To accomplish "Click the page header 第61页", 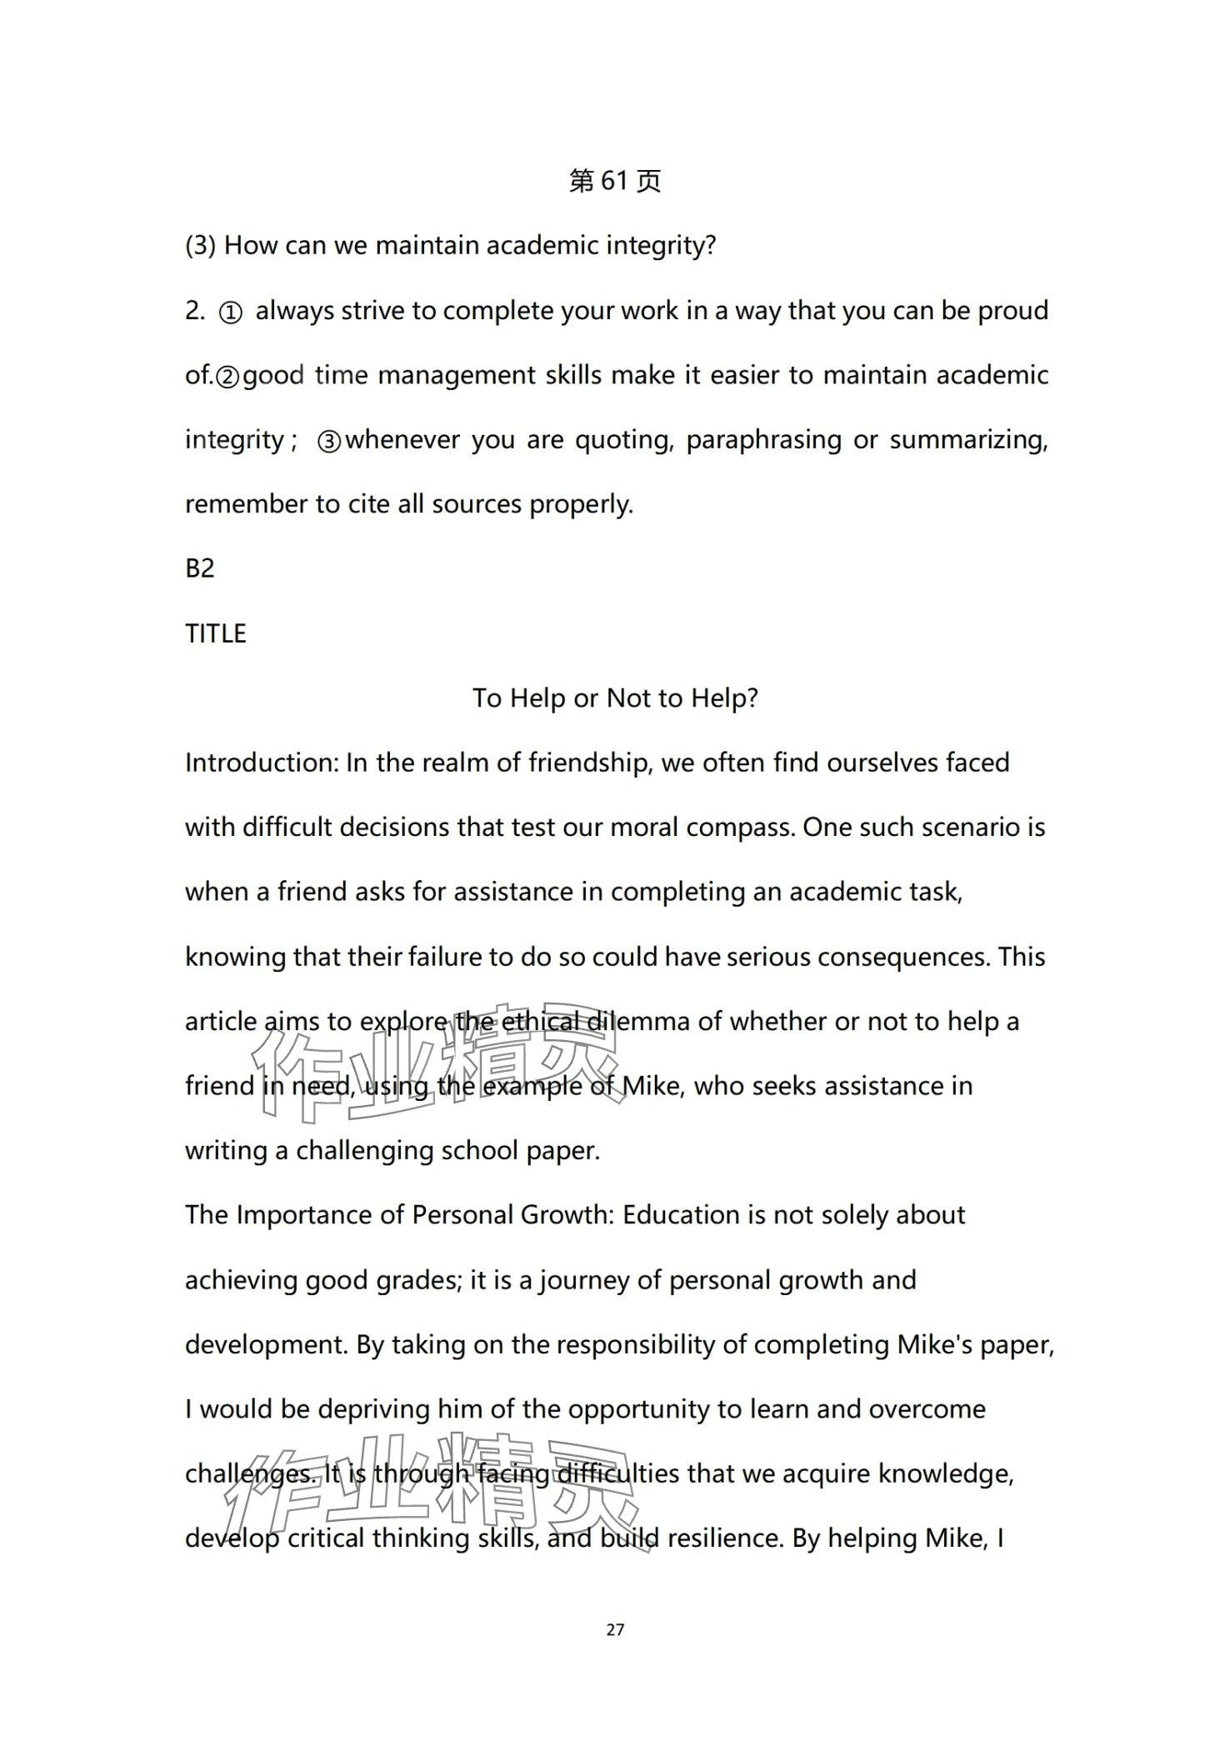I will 614,181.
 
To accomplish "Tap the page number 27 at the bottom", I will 615,1629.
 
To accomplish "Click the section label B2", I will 200,568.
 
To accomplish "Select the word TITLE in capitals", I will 216,633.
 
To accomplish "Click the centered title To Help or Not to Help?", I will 615,698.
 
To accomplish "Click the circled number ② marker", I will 227,378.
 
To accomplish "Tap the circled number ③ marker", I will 329,442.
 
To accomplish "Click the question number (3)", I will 201,246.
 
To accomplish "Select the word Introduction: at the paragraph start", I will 260,763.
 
